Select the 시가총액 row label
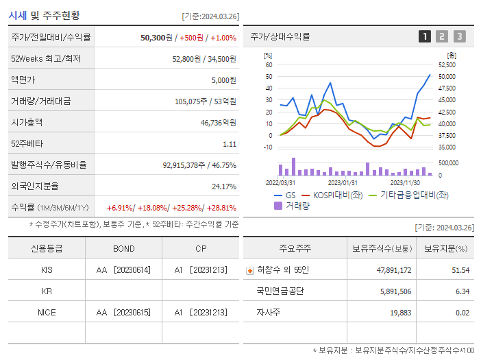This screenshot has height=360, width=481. pyautogui.click(x=27, y=123)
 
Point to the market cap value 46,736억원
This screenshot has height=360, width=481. pyautogui.click(x=218, y=123)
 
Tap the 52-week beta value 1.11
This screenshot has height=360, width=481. pyautogui.click(x=229, y=144)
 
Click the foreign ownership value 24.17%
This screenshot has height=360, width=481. pyautogui.click(x=223, y=187)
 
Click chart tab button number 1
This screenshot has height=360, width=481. pyautogui.click(x=425, y=36)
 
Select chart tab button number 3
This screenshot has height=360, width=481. pyautogui.click(x=459, y=36)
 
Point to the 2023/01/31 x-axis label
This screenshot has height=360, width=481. pyautogui.click(x=343, y=182)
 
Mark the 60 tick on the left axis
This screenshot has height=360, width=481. pyautogui.click(x=269, y=64)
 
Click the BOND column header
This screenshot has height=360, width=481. pyautogui.click(x=123, y=248)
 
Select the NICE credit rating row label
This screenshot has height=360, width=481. pyautogui.click(x=47, y=313)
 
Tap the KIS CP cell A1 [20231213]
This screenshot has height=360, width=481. pyautogui.click(x=200, y=270)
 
